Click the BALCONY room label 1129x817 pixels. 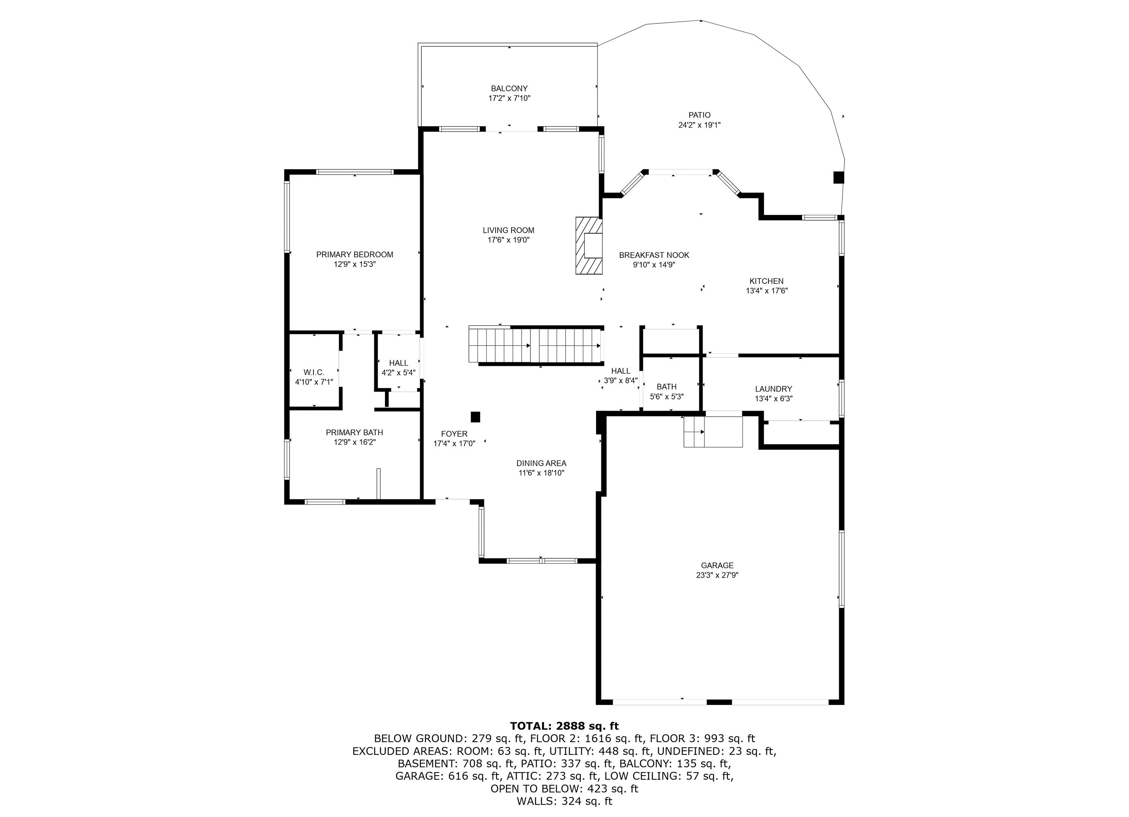(509, 88)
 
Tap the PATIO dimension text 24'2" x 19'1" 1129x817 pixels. (699, 125)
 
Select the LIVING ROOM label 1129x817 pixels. (508, 230)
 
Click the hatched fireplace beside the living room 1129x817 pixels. (589, 245)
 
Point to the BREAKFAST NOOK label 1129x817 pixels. (654, 255)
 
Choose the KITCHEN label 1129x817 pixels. (767, 281)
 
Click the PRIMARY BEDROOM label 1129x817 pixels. (355, 255)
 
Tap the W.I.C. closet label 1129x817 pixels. (314, 372)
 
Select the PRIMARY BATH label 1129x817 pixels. (355, 432)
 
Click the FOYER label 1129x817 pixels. (454, 434)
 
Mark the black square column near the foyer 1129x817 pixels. (475, 417)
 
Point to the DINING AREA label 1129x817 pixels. (541, 463)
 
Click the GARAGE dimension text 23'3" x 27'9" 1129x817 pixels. (717, 575)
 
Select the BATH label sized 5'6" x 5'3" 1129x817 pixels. (666, 386)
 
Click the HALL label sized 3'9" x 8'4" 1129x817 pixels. (621, 371)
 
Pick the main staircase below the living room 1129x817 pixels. (537, 346)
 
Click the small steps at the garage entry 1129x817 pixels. (713, 431)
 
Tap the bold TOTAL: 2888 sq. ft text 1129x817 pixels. (564, 726)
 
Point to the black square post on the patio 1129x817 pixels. (839, 178)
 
